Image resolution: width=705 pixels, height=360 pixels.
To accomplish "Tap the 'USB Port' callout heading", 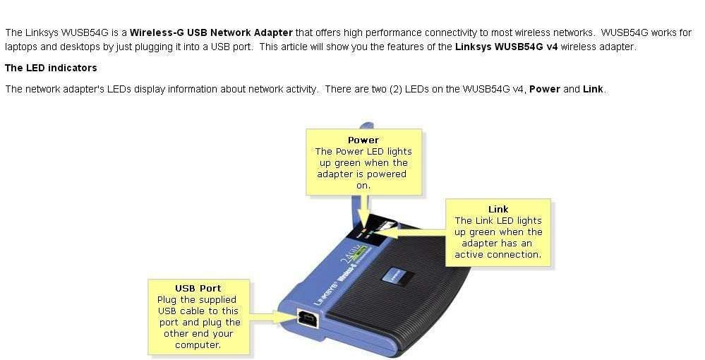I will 198,288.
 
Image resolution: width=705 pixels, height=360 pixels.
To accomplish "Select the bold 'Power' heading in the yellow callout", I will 363,140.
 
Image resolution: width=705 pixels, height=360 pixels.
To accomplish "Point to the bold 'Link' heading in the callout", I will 498,209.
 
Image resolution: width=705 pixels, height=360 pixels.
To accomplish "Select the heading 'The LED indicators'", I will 51,68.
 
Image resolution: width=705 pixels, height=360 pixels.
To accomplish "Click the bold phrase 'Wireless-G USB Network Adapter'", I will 211,32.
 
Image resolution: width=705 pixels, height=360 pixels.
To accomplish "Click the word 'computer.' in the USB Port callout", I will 198,344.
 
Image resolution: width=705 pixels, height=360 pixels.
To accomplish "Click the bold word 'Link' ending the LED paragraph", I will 593,89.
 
